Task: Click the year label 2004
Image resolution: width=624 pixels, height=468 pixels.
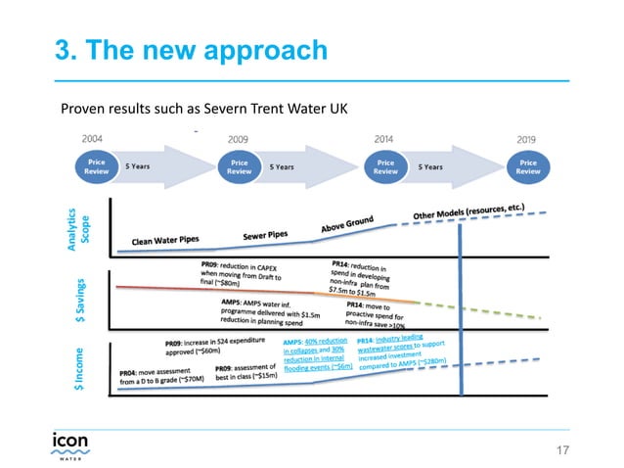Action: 94,139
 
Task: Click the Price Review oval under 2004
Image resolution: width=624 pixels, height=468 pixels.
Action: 96,165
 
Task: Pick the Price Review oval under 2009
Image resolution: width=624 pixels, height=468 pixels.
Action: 240,165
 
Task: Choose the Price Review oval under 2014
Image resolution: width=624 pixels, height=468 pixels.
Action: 385,165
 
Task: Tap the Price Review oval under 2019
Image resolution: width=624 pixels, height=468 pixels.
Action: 528,165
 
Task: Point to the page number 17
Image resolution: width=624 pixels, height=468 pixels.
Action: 561,449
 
